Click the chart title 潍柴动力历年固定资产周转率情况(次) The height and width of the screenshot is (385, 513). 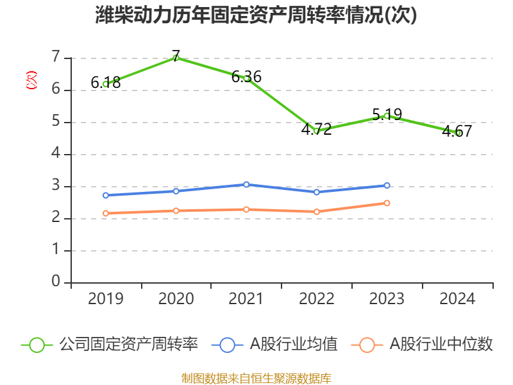tap(256, 15)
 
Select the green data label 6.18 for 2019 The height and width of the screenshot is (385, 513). tap(106, 82)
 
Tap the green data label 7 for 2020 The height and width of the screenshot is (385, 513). tap(176, 55)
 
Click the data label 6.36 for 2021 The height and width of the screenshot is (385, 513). tap(246, 77)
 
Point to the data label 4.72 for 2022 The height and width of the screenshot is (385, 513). tap(317, 129)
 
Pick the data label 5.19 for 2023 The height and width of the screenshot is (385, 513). tap(387, 115)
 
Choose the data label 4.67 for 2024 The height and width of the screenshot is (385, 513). tap(457, 132)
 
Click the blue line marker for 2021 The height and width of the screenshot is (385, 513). tap(246, 184)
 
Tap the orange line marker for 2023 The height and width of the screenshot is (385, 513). tap(387, 203)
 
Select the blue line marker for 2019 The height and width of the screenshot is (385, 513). tap(106, 195)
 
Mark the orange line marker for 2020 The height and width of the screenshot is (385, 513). tap(176, 210)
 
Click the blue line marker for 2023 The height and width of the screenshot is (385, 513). tap(387, 185)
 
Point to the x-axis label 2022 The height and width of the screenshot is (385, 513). tap(317, 299)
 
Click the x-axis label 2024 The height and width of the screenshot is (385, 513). tap(457, 299)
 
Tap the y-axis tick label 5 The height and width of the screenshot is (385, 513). tap(56, 122)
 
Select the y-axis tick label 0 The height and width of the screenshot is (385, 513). tap(56, 282)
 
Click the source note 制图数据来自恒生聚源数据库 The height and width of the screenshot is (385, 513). tap(256, 378)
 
